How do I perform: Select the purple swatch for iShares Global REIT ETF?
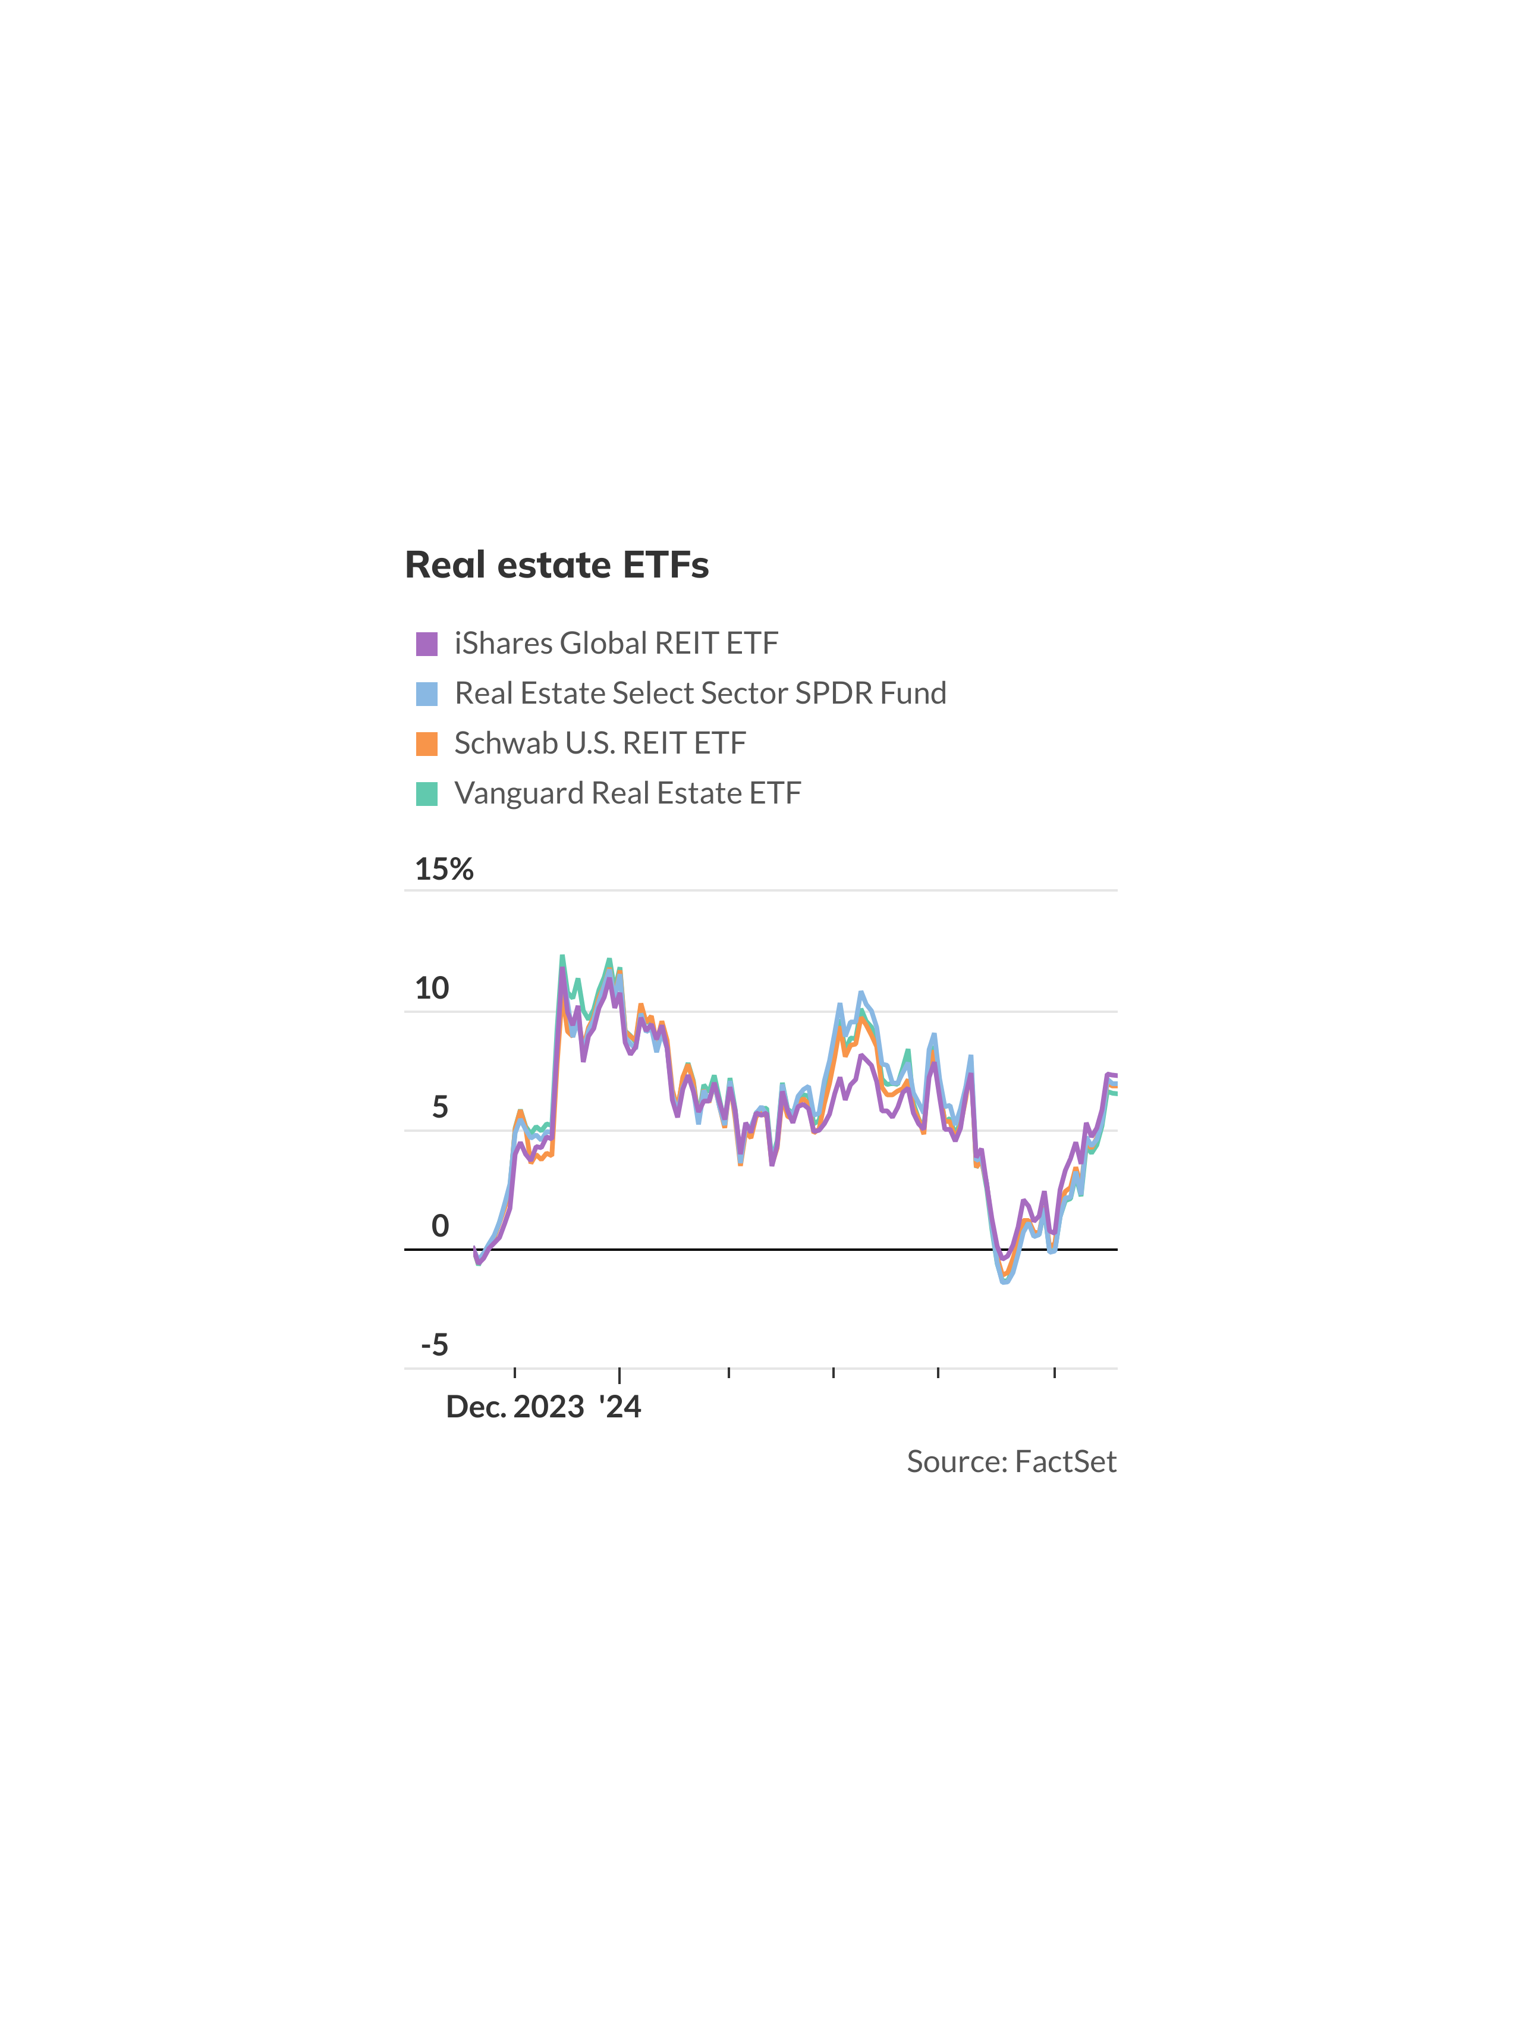point(427,644)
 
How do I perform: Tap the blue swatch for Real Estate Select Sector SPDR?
point(427,694)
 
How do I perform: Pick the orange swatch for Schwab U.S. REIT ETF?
point(427,743)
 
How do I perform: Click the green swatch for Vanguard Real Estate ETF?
point(427,793)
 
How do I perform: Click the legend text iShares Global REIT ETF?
point(615,644)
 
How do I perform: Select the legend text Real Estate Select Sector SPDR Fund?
point(700,694)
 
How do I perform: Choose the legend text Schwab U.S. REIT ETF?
point(600,743)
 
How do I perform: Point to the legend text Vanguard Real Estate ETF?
point(627,793)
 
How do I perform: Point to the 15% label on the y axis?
point(444,868)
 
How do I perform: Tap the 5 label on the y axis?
point(441,1107)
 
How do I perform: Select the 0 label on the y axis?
point(441,1226)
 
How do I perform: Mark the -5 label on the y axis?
point(435,1345)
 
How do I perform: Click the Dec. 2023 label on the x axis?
point(515,1407)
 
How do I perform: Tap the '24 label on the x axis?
point(620,1407)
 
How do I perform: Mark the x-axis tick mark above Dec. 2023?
point(515,1373)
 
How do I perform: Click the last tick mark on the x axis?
point(1055,1373)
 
